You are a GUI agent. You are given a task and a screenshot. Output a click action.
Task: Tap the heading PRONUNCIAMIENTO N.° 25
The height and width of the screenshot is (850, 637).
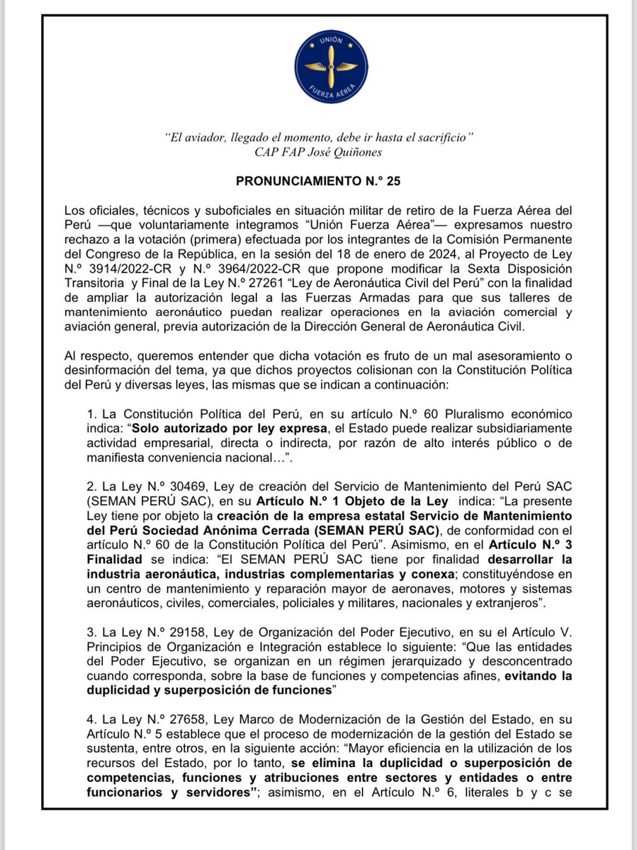tap(318, 181)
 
